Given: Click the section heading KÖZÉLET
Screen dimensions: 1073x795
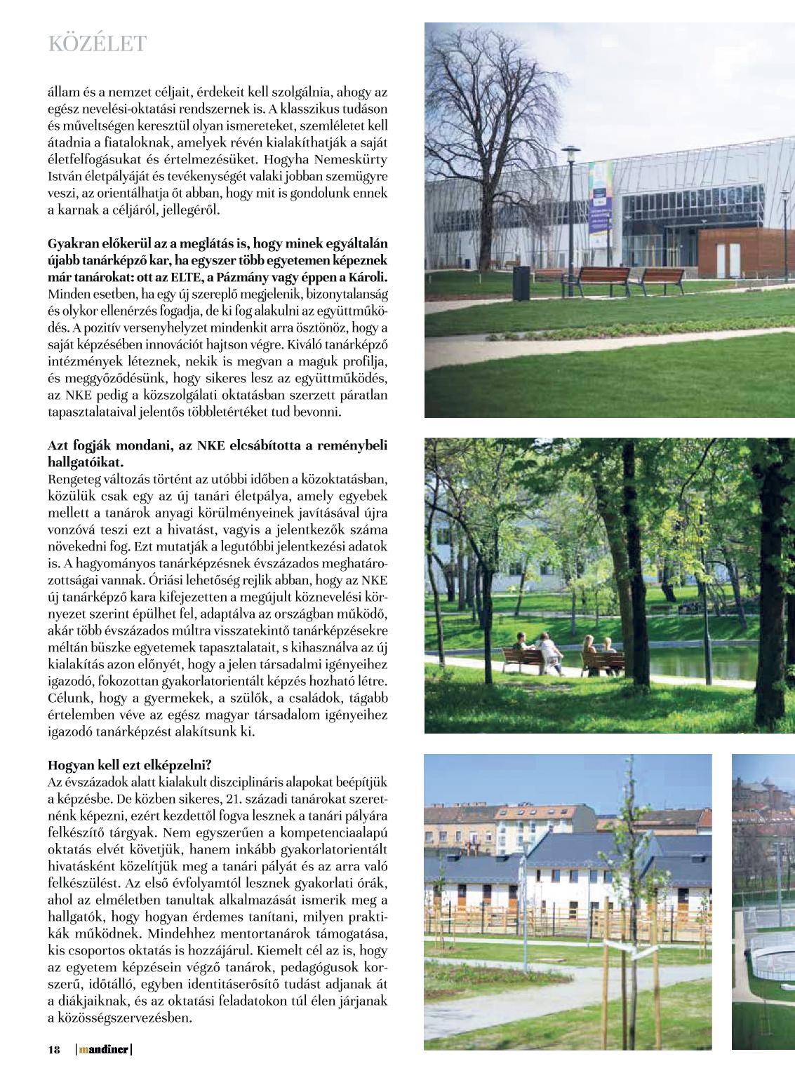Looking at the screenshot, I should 97,44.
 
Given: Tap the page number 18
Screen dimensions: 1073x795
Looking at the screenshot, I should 54,1050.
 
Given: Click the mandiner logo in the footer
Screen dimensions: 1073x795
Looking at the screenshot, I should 103,1050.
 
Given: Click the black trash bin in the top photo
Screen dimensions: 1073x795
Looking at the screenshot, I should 521,283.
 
